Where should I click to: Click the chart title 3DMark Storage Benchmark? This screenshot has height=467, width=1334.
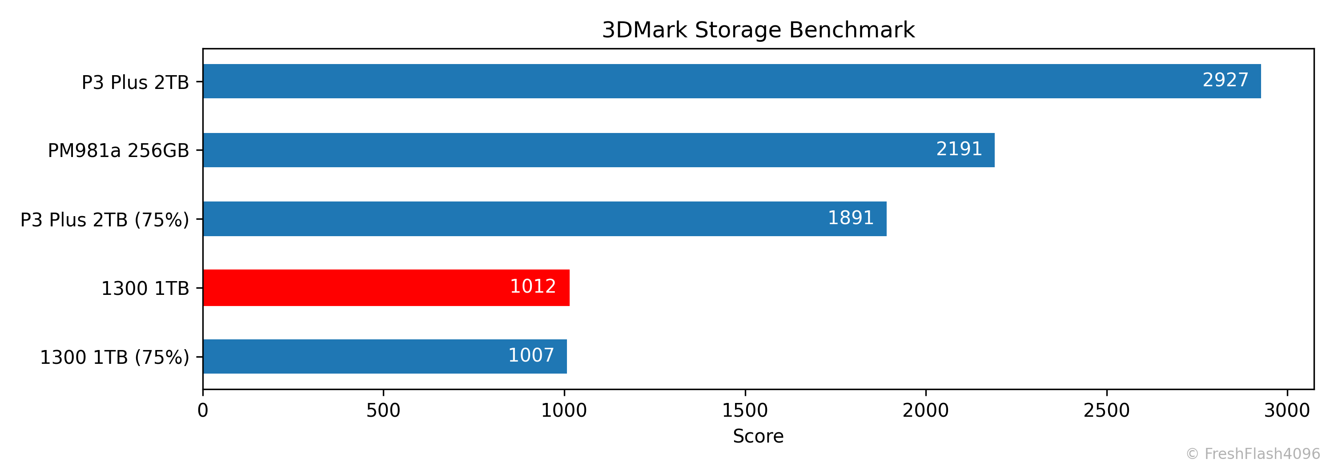pos(758,30)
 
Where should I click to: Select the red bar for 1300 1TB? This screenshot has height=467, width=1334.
pos(386,287)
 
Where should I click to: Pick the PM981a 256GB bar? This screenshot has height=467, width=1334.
pos(598,150)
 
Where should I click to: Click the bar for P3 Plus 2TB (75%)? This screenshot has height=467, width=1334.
pos(544,218)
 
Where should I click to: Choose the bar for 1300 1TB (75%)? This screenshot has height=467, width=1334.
pos(384,356)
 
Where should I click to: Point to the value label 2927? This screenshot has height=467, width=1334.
pos(1225,80)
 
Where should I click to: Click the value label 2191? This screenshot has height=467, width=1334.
pos(959,149)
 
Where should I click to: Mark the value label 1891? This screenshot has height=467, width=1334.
pos(851,218)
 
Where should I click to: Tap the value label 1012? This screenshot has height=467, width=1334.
pos(533,286)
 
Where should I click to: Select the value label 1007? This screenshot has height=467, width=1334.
pos(531,355)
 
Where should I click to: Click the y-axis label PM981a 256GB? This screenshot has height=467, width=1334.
pos(119,151)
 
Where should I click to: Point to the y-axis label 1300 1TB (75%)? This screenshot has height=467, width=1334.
pos(114,357)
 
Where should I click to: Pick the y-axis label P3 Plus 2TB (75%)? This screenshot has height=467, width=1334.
pos(104,220)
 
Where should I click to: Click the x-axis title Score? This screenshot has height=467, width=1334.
pos(758,436)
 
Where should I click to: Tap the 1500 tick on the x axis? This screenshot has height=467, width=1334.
pos(745,411)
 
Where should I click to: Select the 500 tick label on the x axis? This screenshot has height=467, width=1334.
pos(383,411)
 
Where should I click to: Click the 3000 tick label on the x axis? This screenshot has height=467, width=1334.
pos(1287,411)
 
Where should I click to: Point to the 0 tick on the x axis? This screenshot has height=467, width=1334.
pos(203,411)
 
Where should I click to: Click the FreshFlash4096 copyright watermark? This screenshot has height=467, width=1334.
pos(1253,454)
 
